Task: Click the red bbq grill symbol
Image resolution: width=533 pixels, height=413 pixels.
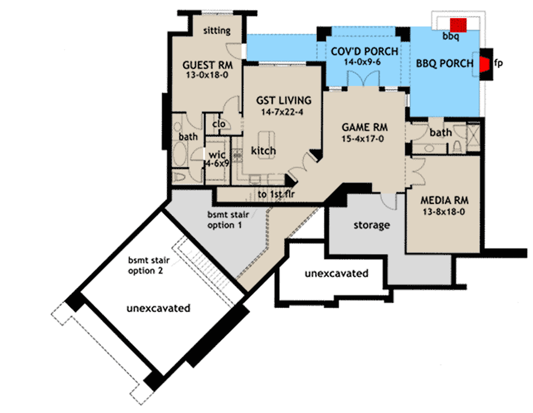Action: pyautogui.click(x=458, y=25)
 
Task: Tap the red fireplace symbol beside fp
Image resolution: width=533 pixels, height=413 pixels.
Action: pyautogui.click(x=485, y=64)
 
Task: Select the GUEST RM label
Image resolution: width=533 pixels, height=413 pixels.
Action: pyautogui.click(x=208, y=66)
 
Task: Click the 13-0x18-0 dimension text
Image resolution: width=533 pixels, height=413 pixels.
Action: pyautogui.click(x=208, y=76)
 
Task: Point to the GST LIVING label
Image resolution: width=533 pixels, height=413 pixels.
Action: pyautogui.click(x=284, y=101)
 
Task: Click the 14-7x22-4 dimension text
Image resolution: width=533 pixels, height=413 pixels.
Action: pyautogui.click(x=284, y=112)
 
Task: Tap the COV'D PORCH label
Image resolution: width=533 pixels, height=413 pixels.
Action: pyautogui.click(x=365, y=51)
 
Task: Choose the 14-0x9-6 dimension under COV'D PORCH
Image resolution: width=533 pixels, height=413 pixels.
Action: pyautogui.click(x=365, y=62)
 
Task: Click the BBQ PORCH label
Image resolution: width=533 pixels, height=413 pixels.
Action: pyautogui.click(x=445, y=63)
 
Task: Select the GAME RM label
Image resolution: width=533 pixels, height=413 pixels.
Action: pyautogui.click(x=365, y=128)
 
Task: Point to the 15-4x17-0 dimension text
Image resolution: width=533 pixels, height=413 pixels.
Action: pyautogui.click(x=365, y=138)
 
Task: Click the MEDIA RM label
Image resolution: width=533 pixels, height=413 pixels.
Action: pyautogui.click(x=444, y=200)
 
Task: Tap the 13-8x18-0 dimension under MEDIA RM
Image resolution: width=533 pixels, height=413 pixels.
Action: pyautogui.click(x=444, y=211)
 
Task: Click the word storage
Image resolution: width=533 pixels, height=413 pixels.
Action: pyautogui.click(x=371, y=226)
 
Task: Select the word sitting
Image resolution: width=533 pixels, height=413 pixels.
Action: pyautogui.click(x=217, y=30)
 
